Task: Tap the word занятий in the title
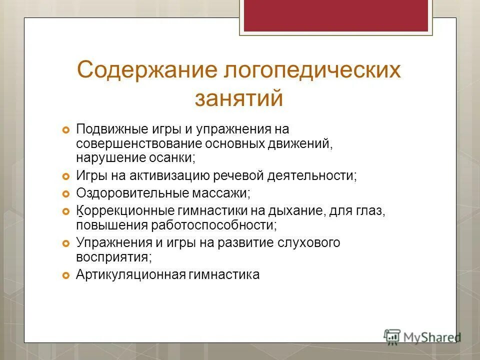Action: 239,98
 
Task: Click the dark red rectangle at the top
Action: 335,15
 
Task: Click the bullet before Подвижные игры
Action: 65,130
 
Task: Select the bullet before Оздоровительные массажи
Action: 65,192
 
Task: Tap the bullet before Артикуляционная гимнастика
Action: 65,275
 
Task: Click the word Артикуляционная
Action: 131,274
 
